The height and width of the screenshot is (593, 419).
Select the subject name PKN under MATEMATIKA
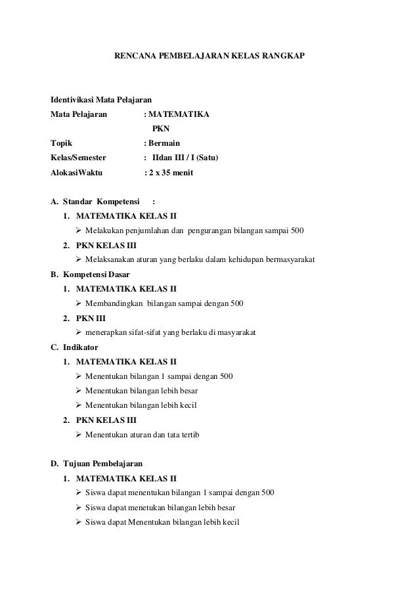(x=160, y=129)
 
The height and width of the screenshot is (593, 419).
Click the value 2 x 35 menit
(x=171, y=173)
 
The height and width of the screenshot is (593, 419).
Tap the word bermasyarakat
(x=286, y=260)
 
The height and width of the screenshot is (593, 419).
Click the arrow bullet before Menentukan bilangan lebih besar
(x=79, y=391)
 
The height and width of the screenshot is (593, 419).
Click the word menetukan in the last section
(x=149, y=508)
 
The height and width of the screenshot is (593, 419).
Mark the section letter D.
(x=54, y=464)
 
